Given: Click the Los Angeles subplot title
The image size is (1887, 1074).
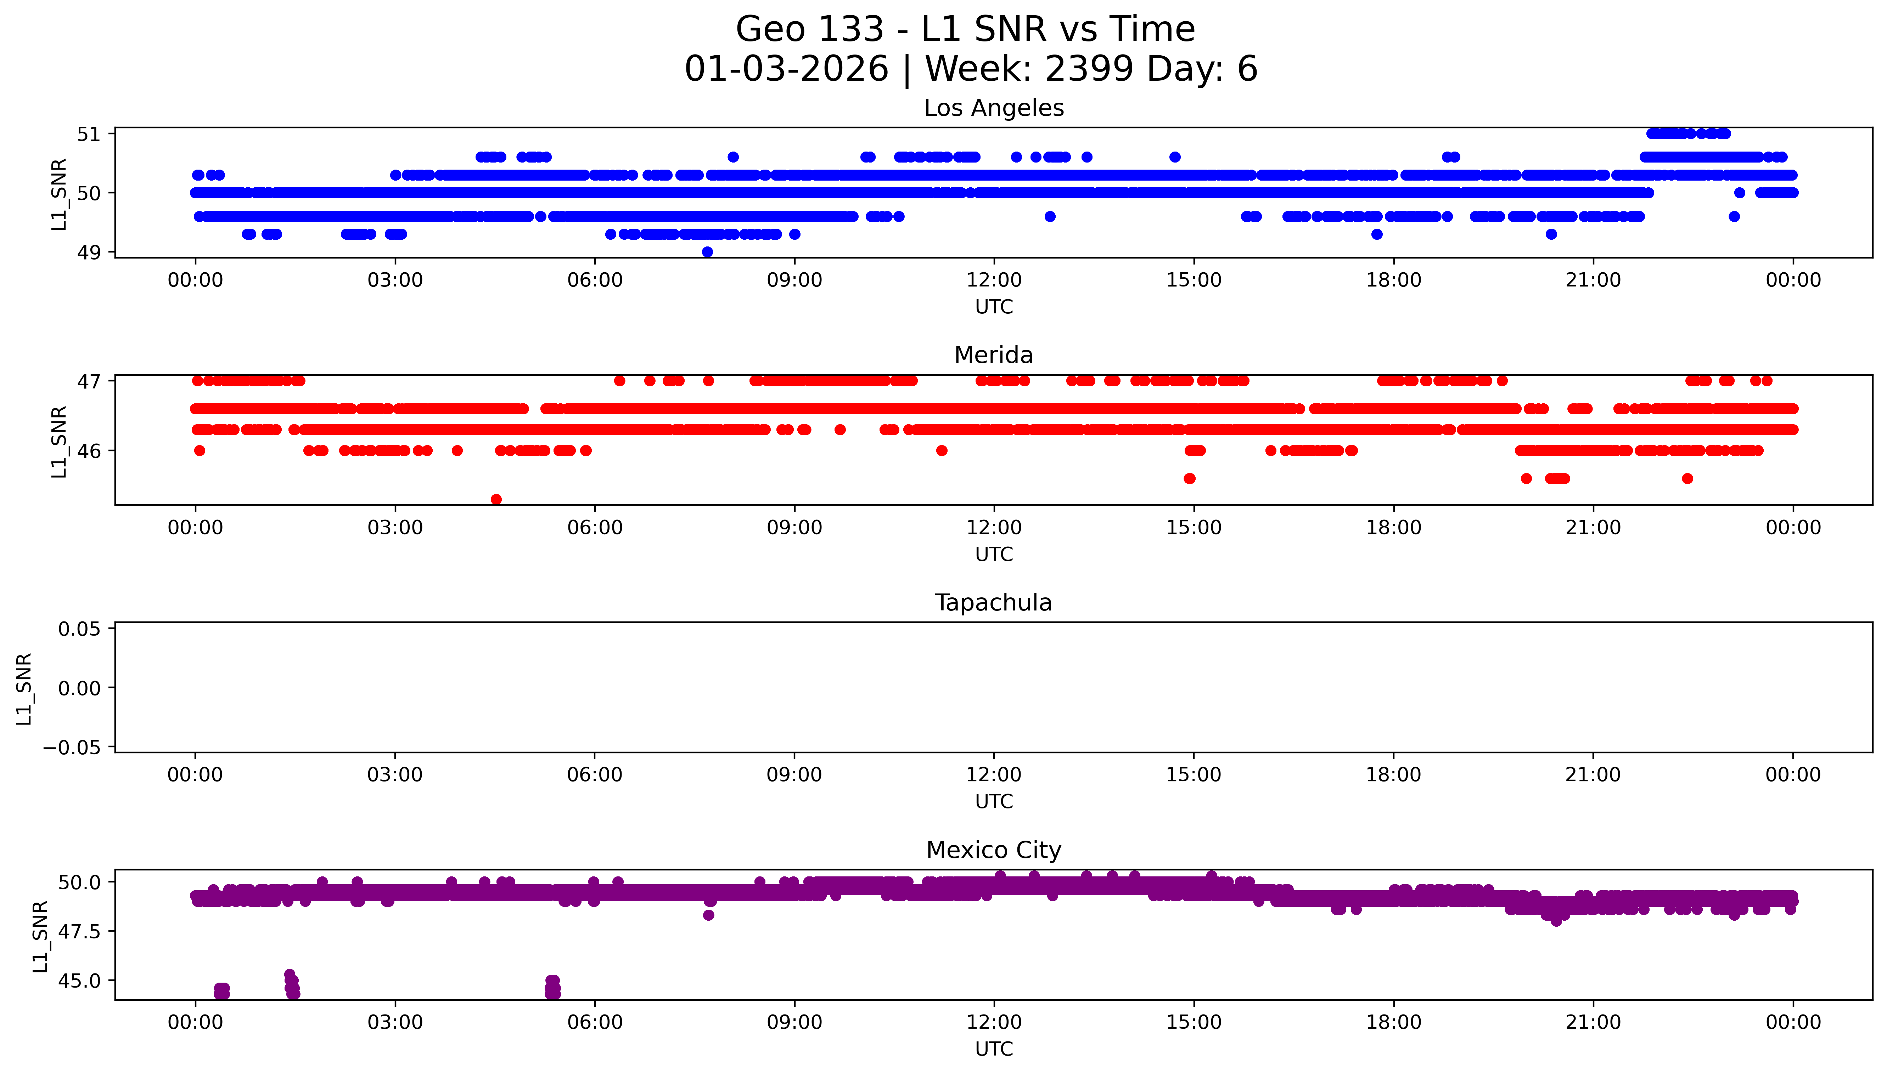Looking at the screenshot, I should [x=993, y=108].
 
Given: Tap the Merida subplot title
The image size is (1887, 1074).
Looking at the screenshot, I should [x=993, y=356].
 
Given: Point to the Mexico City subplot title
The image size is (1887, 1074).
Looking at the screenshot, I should [x=993, y=851].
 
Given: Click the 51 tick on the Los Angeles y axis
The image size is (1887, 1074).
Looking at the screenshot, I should [x=89, y=134].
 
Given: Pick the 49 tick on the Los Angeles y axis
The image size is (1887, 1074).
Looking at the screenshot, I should [x=89, y=252].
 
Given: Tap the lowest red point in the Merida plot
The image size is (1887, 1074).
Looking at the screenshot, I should [x=496, y=499].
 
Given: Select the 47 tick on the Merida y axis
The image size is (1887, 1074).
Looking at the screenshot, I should [x=89, y=381].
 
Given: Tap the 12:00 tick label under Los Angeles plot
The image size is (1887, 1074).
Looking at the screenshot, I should [x=993, y=280].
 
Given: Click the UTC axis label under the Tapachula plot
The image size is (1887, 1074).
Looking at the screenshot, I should [x=993, y=802].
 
